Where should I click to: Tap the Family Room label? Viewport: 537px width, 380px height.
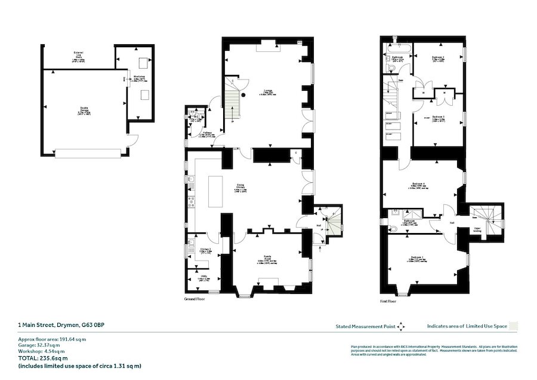pos(270,259)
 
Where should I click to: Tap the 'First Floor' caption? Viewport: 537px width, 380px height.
pos(388,301)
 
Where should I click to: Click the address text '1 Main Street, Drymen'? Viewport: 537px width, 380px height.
pos(61,326)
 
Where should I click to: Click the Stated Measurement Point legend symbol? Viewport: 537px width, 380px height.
pos(400,326)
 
